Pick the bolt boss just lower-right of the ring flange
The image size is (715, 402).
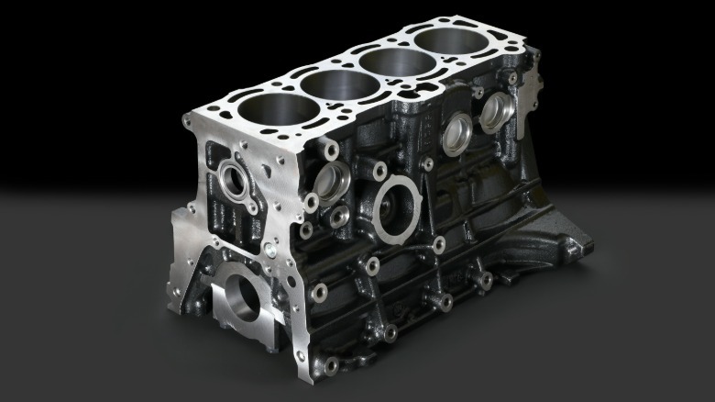point(438,245)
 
